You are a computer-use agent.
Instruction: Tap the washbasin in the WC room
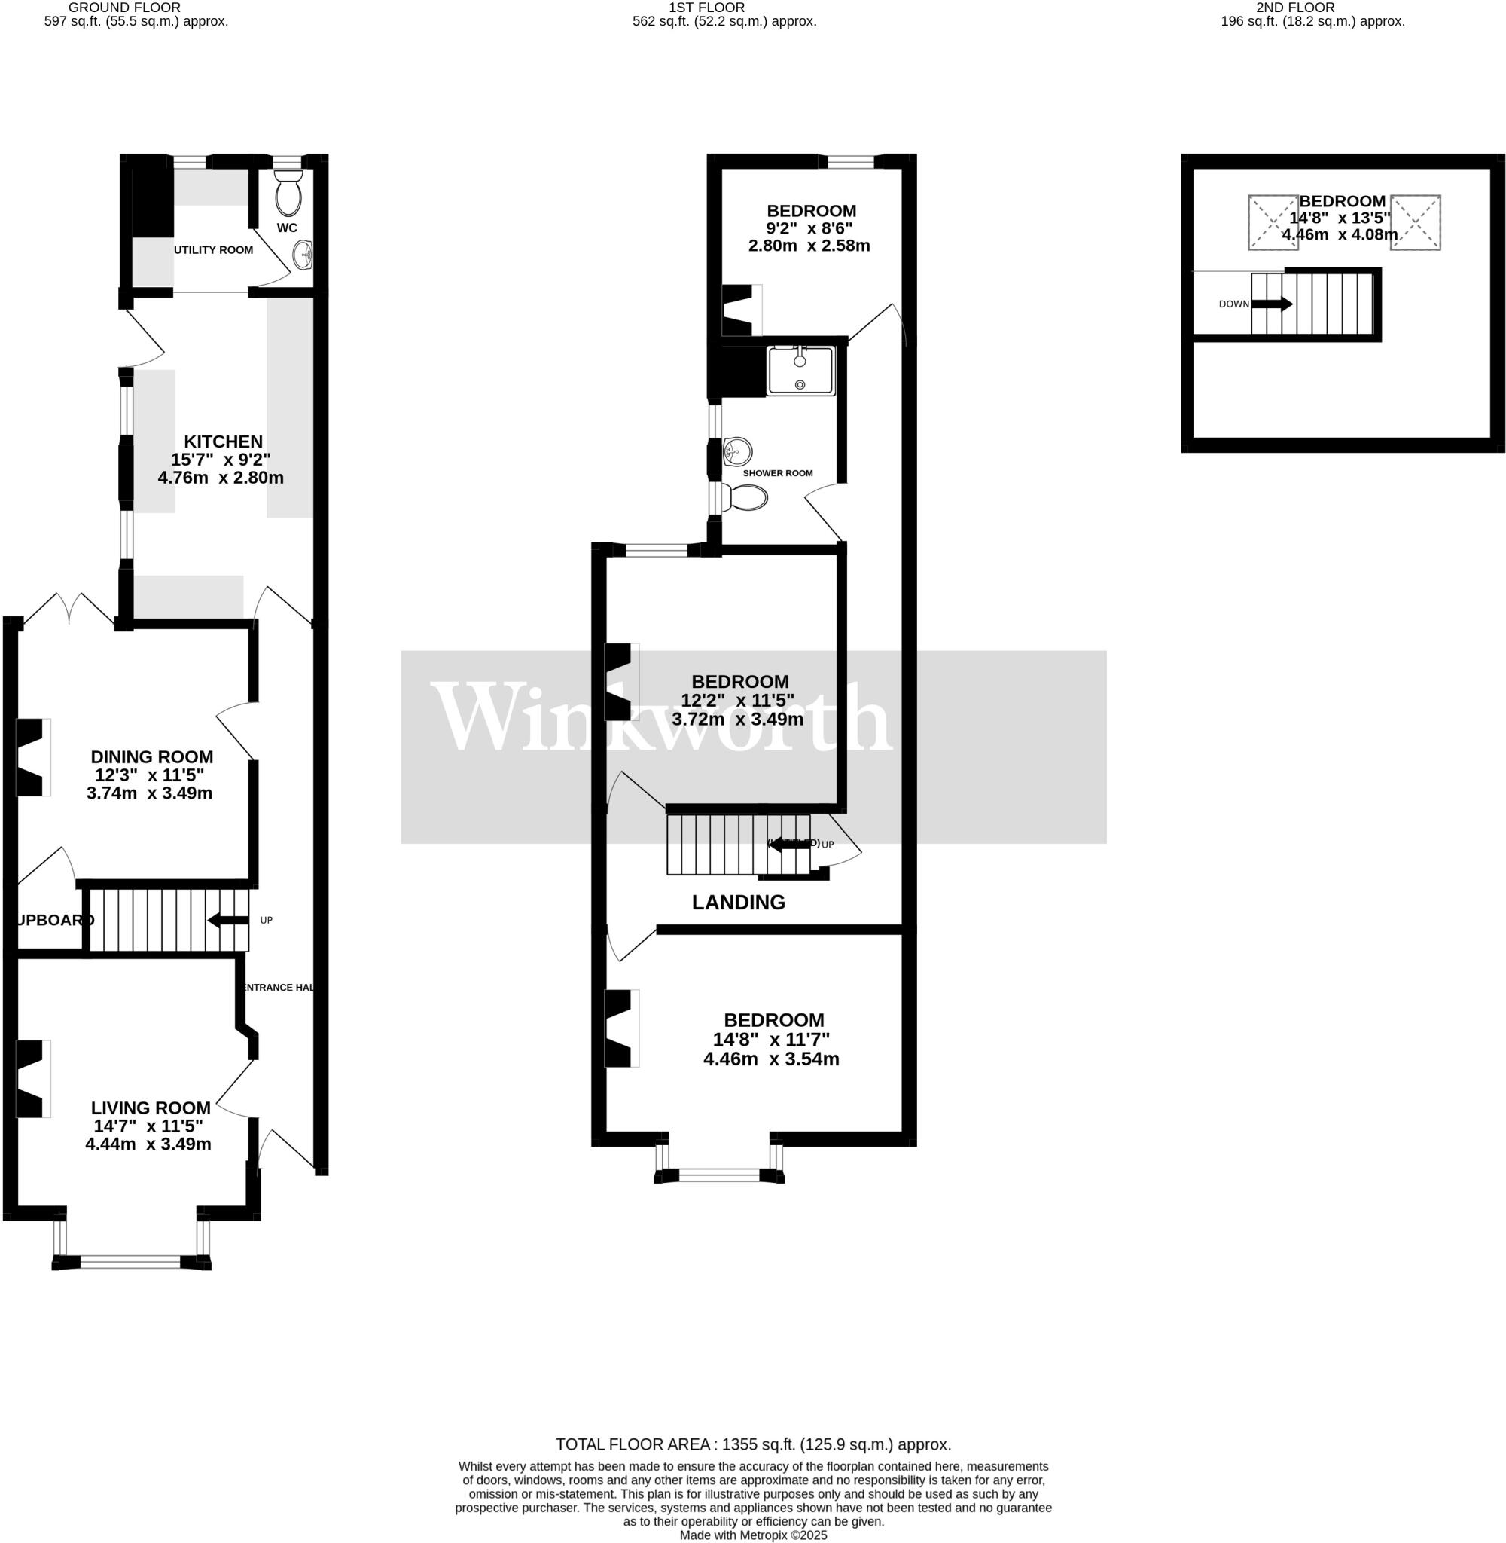click(x=302, y=255)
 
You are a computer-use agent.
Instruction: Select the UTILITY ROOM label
click(x=214, y=250)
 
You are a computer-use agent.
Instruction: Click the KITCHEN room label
click(x=223, y=442)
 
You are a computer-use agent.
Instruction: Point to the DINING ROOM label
click(x=152, y=756)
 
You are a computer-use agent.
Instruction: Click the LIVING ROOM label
click(x=151, y=1108)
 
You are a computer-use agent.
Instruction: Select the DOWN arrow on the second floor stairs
click(x=1272, y=304)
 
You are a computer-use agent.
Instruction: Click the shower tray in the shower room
click(x=800, y=371)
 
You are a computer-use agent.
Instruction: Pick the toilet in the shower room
click(x=747, y=498)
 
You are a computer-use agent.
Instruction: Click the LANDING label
click(x=738, y=902)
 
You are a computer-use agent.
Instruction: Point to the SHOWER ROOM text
click(x=778, y=473)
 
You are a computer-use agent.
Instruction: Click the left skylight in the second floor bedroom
click(x=1273, y=222)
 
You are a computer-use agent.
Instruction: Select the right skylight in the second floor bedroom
click(x=1415, y=222)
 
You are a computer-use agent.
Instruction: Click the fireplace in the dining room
click(x=32, y=756)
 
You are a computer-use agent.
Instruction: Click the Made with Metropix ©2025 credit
click(x=753, y=1535)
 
